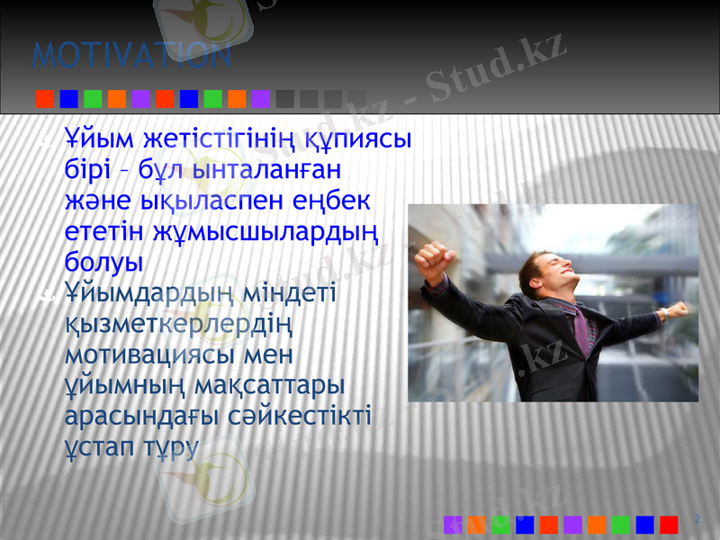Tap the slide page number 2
[x=698, y=519]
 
